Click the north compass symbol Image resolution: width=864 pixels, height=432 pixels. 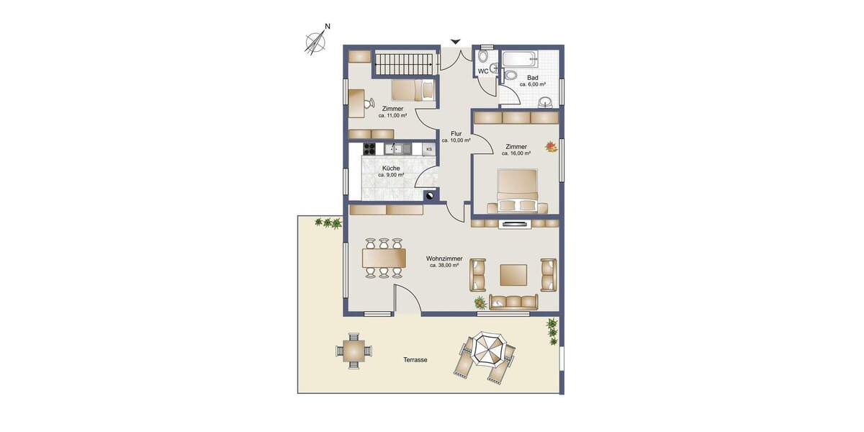point(315,42)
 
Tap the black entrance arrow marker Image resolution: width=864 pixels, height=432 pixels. point(455,42)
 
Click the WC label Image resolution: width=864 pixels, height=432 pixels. point(483,71)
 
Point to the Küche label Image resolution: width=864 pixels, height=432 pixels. point(391,168)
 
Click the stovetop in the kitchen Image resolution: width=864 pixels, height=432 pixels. point(369,150)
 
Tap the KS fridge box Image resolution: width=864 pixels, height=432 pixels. point(429,150)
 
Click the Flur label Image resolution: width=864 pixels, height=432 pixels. point(456,134)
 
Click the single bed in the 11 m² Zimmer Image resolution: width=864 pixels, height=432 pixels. point(413,90)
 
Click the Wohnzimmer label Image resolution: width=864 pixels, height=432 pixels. point(444,258)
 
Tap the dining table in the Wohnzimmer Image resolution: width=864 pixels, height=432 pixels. point(384,258)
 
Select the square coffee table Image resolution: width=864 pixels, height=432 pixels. point(513,275)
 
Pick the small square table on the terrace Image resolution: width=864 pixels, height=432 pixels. point(354,351)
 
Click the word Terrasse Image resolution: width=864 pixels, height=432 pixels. point(415,360)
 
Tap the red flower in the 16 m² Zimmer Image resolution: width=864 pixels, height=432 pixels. point(551,147)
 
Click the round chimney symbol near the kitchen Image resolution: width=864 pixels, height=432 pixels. point(431,194)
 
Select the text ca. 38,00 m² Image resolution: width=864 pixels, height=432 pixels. point(444,266)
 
